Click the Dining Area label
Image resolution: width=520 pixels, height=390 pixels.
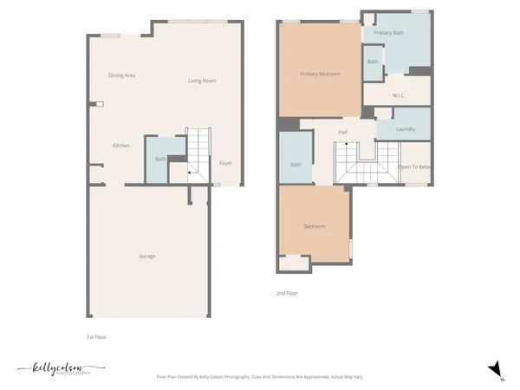click(x=121, y=75)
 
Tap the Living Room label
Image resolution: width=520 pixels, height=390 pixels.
click(x=202, y=81)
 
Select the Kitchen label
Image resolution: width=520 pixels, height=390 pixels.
click(x=120, y=146)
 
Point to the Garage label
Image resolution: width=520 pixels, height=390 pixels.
click(x=147, y=256)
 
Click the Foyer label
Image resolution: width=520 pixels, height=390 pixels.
click(x=225, y=163)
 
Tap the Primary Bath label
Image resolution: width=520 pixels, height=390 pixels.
click(x=389, y=32)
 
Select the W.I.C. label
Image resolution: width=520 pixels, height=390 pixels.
click(x=400, y=95)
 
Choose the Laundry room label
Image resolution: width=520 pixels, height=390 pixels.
click(x=405, y=129)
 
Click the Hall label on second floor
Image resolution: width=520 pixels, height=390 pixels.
click(x=342, y=132)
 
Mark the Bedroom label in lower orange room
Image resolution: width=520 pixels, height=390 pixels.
click(x=314, y=226)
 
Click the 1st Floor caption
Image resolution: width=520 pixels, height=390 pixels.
click(x=96, y=336)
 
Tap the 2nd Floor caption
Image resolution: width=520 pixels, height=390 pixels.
click(x=287, y=294)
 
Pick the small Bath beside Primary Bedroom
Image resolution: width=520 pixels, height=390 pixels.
click(x=373, y=62)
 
